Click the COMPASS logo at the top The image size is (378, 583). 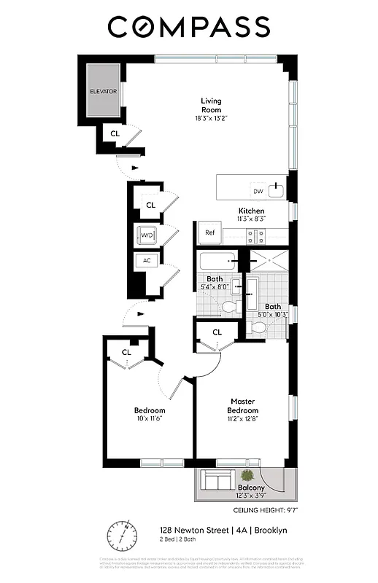click(x=189, y=27)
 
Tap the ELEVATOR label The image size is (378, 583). click(x=103, y=92)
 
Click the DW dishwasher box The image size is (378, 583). click(x=258, y=191)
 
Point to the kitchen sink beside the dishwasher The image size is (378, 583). click(x=276, y=191)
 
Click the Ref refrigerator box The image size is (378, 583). click(x=210, y=233)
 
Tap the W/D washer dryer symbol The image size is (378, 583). click(x=147, y=235)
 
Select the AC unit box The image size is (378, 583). click(x=147, y=261)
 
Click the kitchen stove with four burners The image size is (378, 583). click(x=255, y=235)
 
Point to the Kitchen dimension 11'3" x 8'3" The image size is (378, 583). click(x=251, y=219)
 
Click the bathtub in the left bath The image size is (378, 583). click(x=217, y=261)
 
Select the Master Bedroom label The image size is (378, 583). click(x=242, y=406)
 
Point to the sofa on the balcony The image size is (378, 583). click(x=217, y=480)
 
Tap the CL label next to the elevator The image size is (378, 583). click(x=115, y=133)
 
